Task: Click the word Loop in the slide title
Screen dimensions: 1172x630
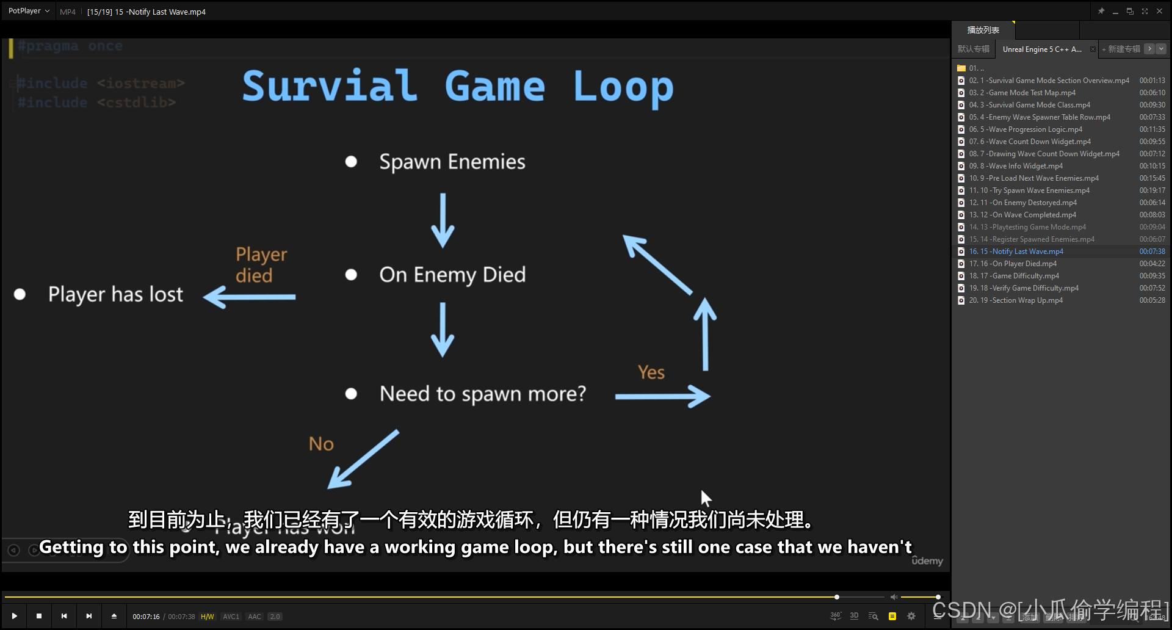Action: [623, 87]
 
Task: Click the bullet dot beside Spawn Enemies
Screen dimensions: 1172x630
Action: [351, 162]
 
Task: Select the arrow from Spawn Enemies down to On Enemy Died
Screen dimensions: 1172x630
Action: [443, 220]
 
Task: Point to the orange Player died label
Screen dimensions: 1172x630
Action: [261, 264]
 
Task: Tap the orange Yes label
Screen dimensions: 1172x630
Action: [651, 372]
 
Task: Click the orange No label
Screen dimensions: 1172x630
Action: [321, 444]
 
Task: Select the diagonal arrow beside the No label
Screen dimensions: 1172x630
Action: [363, 459]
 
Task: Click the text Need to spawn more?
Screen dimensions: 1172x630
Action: [482, 394]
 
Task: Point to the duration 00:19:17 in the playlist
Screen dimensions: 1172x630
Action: [1152, 190]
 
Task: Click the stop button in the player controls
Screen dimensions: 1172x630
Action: [39, 616]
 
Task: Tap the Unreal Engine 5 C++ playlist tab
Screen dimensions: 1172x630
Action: [1041, 49]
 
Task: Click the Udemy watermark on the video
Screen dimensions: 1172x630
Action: [927, 560]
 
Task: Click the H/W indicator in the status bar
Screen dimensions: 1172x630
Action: [208, 617]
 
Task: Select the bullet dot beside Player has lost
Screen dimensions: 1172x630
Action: [20, 295]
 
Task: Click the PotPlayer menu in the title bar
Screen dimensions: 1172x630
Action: [28, 11]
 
